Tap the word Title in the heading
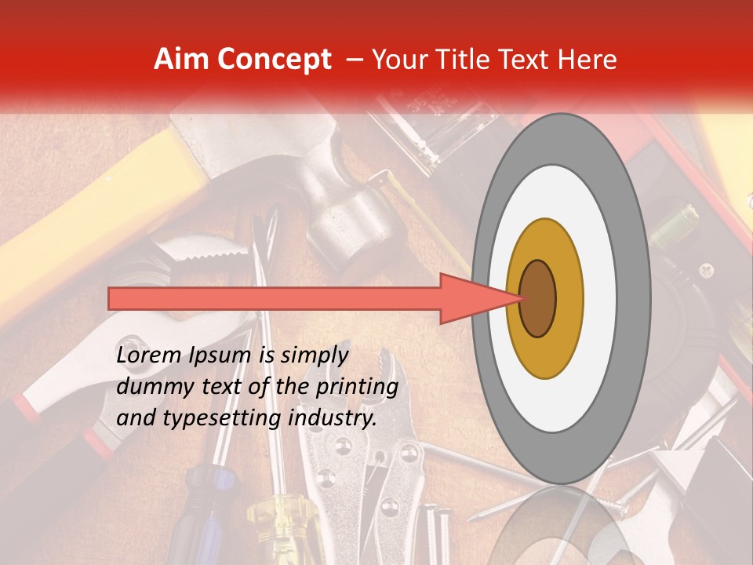tap(464, 60)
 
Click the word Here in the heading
tap(588, 60)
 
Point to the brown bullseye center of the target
tap(537, 298)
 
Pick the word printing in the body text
tap(358, 387)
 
